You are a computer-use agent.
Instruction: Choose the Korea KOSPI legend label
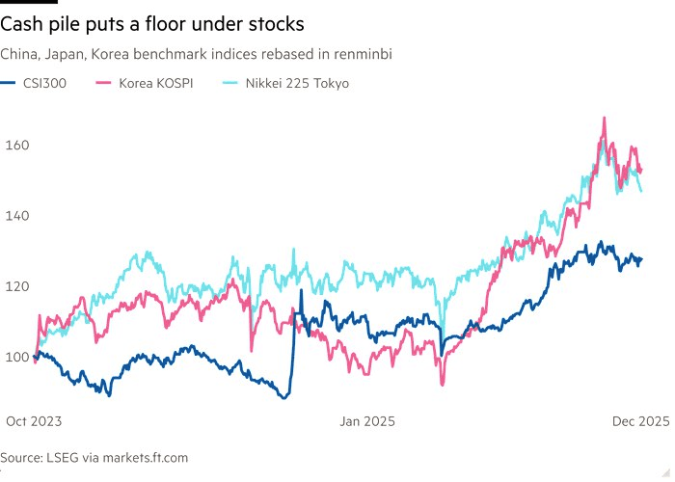click(156, 83)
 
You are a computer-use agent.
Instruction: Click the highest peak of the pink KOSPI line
click(604, 119)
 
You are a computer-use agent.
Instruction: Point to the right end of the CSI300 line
click(641, 258)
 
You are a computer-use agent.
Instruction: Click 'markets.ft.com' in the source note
click(144, 458)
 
